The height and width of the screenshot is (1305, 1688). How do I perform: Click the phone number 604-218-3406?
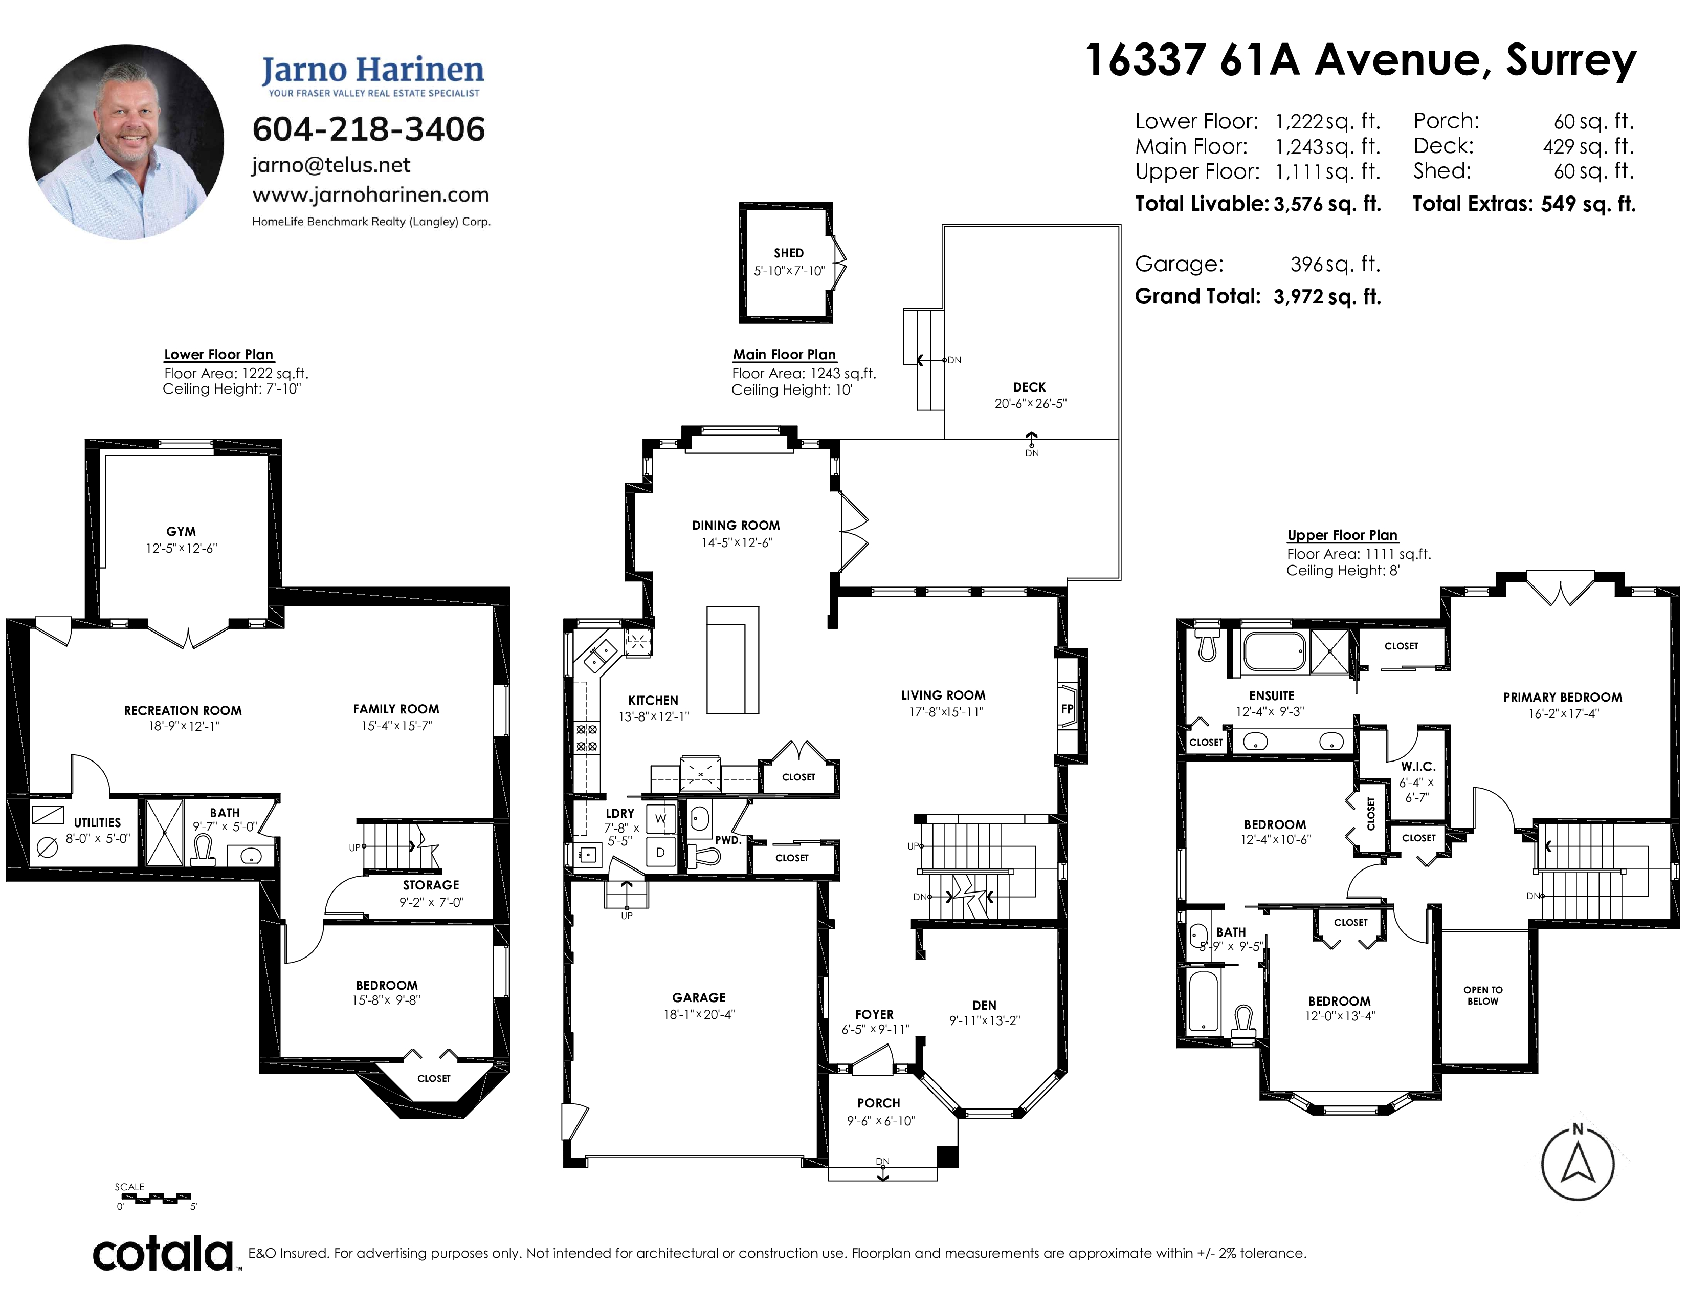coord(369,129)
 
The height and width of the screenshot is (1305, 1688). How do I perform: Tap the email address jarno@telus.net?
coord(331,165)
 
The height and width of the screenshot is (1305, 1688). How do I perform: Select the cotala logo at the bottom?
coord(164,1253)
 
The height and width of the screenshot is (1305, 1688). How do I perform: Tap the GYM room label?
coord(181,532)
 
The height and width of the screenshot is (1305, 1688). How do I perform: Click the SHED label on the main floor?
coord(788,253)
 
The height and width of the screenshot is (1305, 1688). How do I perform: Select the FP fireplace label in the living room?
coord(1067,709)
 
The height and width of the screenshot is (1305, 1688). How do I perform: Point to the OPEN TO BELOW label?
coord(1482,995)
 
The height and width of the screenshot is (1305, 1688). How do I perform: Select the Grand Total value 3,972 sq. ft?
coord(1327,297)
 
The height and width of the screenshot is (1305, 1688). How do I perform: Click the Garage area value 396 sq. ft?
coord(1335,265)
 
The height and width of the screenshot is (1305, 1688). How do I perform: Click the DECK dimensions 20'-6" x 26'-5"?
coord(1030,404)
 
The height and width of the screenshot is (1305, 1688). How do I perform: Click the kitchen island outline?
coord(732,660)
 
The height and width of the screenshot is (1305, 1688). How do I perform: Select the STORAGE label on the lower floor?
coord(431,885)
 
